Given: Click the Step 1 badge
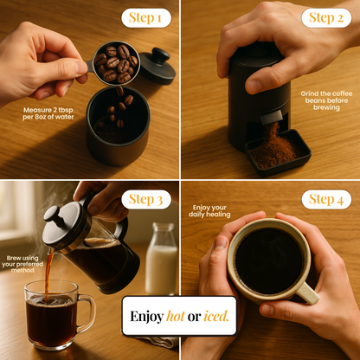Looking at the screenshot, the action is pyautogui.click(x=146, y=18).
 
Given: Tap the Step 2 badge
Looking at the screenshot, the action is pyautogui.click(x=326, y=18).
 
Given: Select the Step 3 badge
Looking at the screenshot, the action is pyautogui.click(x=146, y=199).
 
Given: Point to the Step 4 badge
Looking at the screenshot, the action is pyautogui.click(x=326, y=199).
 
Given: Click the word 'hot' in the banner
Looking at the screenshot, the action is pyautogui.click(x=176, y=317).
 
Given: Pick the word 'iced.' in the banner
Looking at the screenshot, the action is pyautogui.click(x=216, y=317).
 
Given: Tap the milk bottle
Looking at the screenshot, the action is pyautogui.click(x=162, y=259).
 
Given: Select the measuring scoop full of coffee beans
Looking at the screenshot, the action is pyautogui.click(x=115, y=63).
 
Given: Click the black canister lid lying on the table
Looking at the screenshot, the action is pyautogui.click(x=157, y=66).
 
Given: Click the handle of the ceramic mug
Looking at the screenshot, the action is pyautogui.click(x=307, y=293).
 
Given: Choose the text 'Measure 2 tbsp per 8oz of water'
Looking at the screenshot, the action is pyautogui.click(x=48, y=113).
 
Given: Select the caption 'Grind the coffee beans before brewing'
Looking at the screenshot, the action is pyautogui.click(x=326, y=100).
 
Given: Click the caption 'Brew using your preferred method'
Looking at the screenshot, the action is pyautogui.click(x=22, y=264).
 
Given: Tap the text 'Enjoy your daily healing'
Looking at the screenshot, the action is pyautogui.click(x=209, y=211).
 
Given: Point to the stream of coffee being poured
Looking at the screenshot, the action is pyautogui.click(x=48, y=274).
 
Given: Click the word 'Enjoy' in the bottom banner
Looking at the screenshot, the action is pyautogui.click(x=147, y=317).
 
